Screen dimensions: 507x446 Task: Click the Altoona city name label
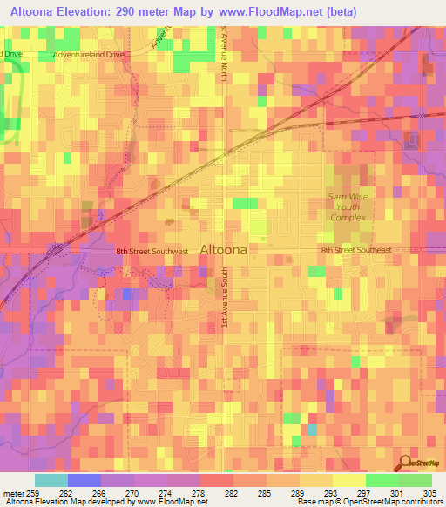224,249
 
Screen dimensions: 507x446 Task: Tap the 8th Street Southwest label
152,251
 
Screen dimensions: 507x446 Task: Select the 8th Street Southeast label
355,250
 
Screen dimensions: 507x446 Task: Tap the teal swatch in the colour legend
51,480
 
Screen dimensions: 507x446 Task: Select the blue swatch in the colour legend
84,480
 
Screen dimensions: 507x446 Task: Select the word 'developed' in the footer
106,502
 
